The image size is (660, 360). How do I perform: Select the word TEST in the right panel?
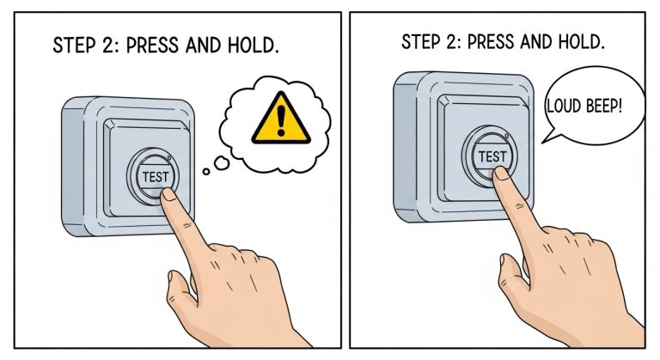pyautogui.click(x=492, y=156)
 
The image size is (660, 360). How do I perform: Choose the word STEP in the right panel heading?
pyautogui.click(x=421, y=42)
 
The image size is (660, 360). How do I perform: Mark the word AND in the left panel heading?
pyautogui.click(x=205, y=46)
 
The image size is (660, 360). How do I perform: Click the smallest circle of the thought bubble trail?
pyautogui.click(x=206, y=171)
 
